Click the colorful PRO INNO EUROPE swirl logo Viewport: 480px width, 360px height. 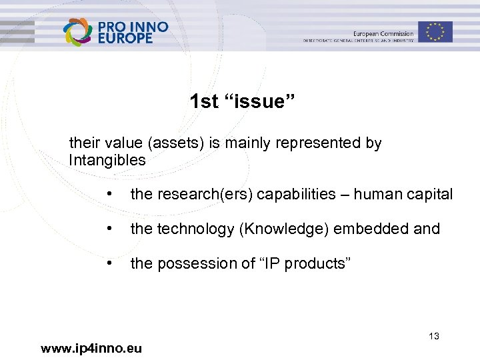[78, 31]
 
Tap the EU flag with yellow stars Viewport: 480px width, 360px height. [435, 31]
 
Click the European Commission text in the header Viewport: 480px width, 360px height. [383, 34]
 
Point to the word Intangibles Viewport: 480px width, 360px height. [107, 160]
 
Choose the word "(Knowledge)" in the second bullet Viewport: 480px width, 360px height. [285, 229]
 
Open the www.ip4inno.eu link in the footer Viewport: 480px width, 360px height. [91, 347]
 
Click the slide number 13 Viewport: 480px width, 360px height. [434, 336]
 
